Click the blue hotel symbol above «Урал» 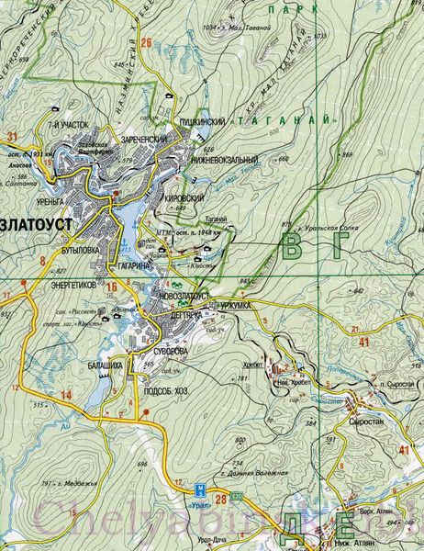tap(200, 488)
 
